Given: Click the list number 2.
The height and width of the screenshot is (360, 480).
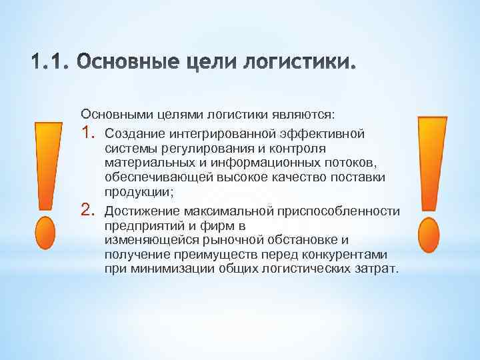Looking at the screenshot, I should click(89, 211).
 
